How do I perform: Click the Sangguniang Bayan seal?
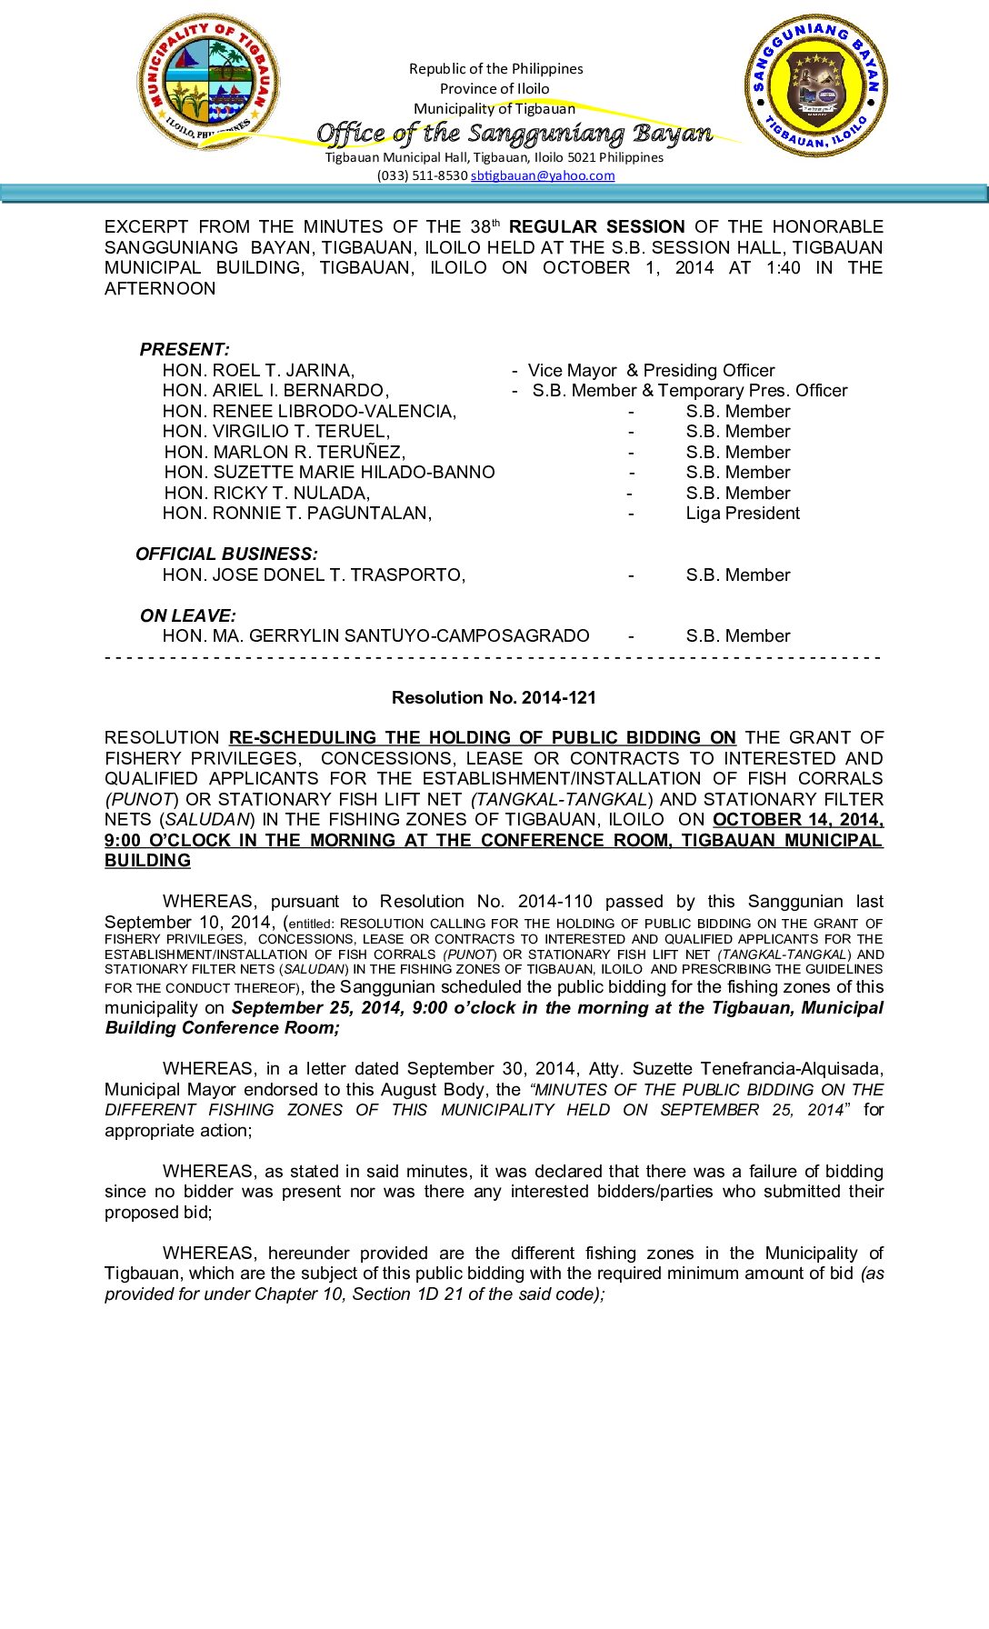(815, 85)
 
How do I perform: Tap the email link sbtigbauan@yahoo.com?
(542, 175)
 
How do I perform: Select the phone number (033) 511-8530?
(422, 175)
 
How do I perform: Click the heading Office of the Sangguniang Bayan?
(514, 134)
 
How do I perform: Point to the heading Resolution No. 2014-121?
(494, 697)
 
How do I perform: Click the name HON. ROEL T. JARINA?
(258, 370)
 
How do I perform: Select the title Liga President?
(743, 513)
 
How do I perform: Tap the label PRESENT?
(185, 349)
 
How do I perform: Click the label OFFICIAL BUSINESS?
(226, 554)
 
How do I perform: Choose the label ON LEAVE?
(187, 615)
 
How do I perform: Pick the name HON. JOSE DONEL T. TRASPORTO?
(314, 575)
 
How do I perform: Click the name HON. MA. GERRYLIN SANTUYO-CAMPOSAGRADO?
(375, 635)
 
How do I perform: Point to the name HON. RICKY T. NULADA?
(266, 493)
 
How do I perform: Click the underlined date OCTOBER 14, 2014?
(797, 819)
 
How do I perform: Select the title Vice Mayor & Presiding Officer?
(651, 370)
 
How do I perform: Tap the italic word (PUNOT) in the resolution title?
(141, 799)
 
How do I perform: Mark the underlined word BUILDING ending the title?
(147, 860)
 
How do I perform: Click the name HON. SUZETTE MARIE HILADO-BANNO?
(329, 472)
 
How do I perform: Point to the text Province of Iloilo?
(494, 88)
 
